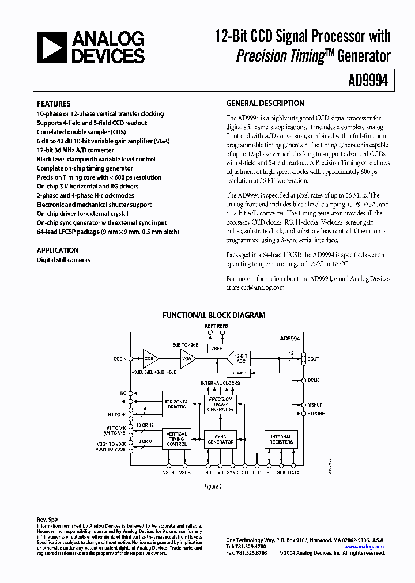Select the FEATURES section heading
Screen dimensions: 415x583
[x=54, y=104]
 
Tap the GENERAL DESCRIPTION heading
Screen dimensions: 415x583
[x=265, y=104]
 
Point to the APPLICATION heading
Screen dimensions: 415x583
[x=58, y=251]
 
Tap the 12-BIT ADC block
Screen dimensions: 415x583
[x=240, y=358]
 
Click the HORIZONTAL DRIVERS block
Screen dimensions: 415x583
[x=176, y=404]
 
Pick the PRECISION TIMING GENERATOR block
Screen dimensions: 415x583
[x=220, y=404]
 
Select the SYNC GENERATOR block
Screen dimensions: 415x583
[x=220, y=439]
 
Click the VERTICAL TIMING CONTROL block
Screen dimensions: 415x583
[x=176, y=439]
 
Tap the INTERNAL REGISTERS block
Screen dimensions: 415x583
[x=281, y=439]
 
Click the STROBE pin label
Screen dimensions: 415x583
[x=316, y=414]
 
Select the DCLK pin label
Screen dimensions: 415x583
[x=314, y=380]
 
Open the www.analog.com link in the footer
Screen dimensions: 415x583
[x=364, y=547]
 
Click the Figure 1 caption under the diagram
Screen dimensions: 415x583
[x=214, y=486]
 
